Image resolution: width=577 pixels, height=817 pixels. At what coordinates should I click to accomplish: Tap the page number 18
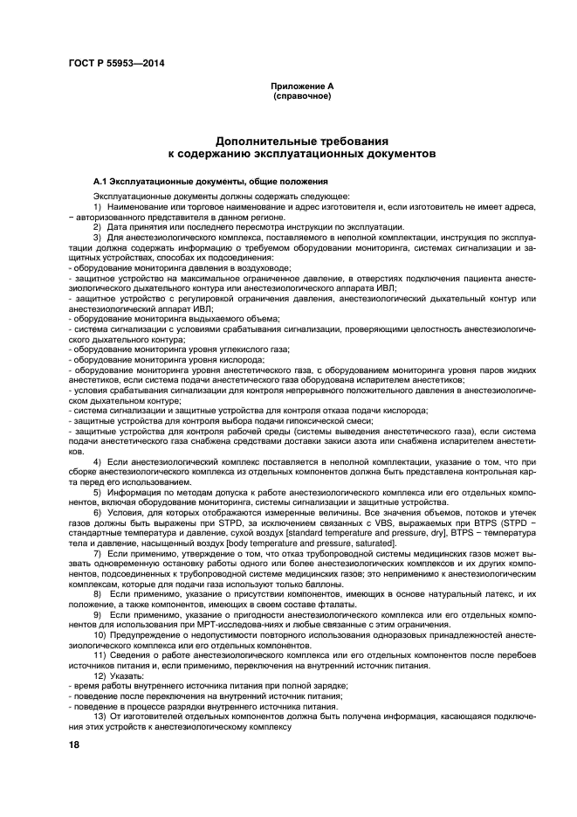click(73, 744)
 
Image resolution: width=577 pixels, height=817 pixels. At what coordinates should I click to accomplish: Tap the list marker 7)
click(98, 555)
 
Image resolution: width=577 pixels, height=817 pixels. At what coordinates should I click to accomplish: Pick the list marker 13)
click(100, 716)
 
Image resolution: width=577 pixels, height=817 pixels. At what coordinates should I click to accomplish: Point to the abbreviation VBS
click(353, 520)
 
